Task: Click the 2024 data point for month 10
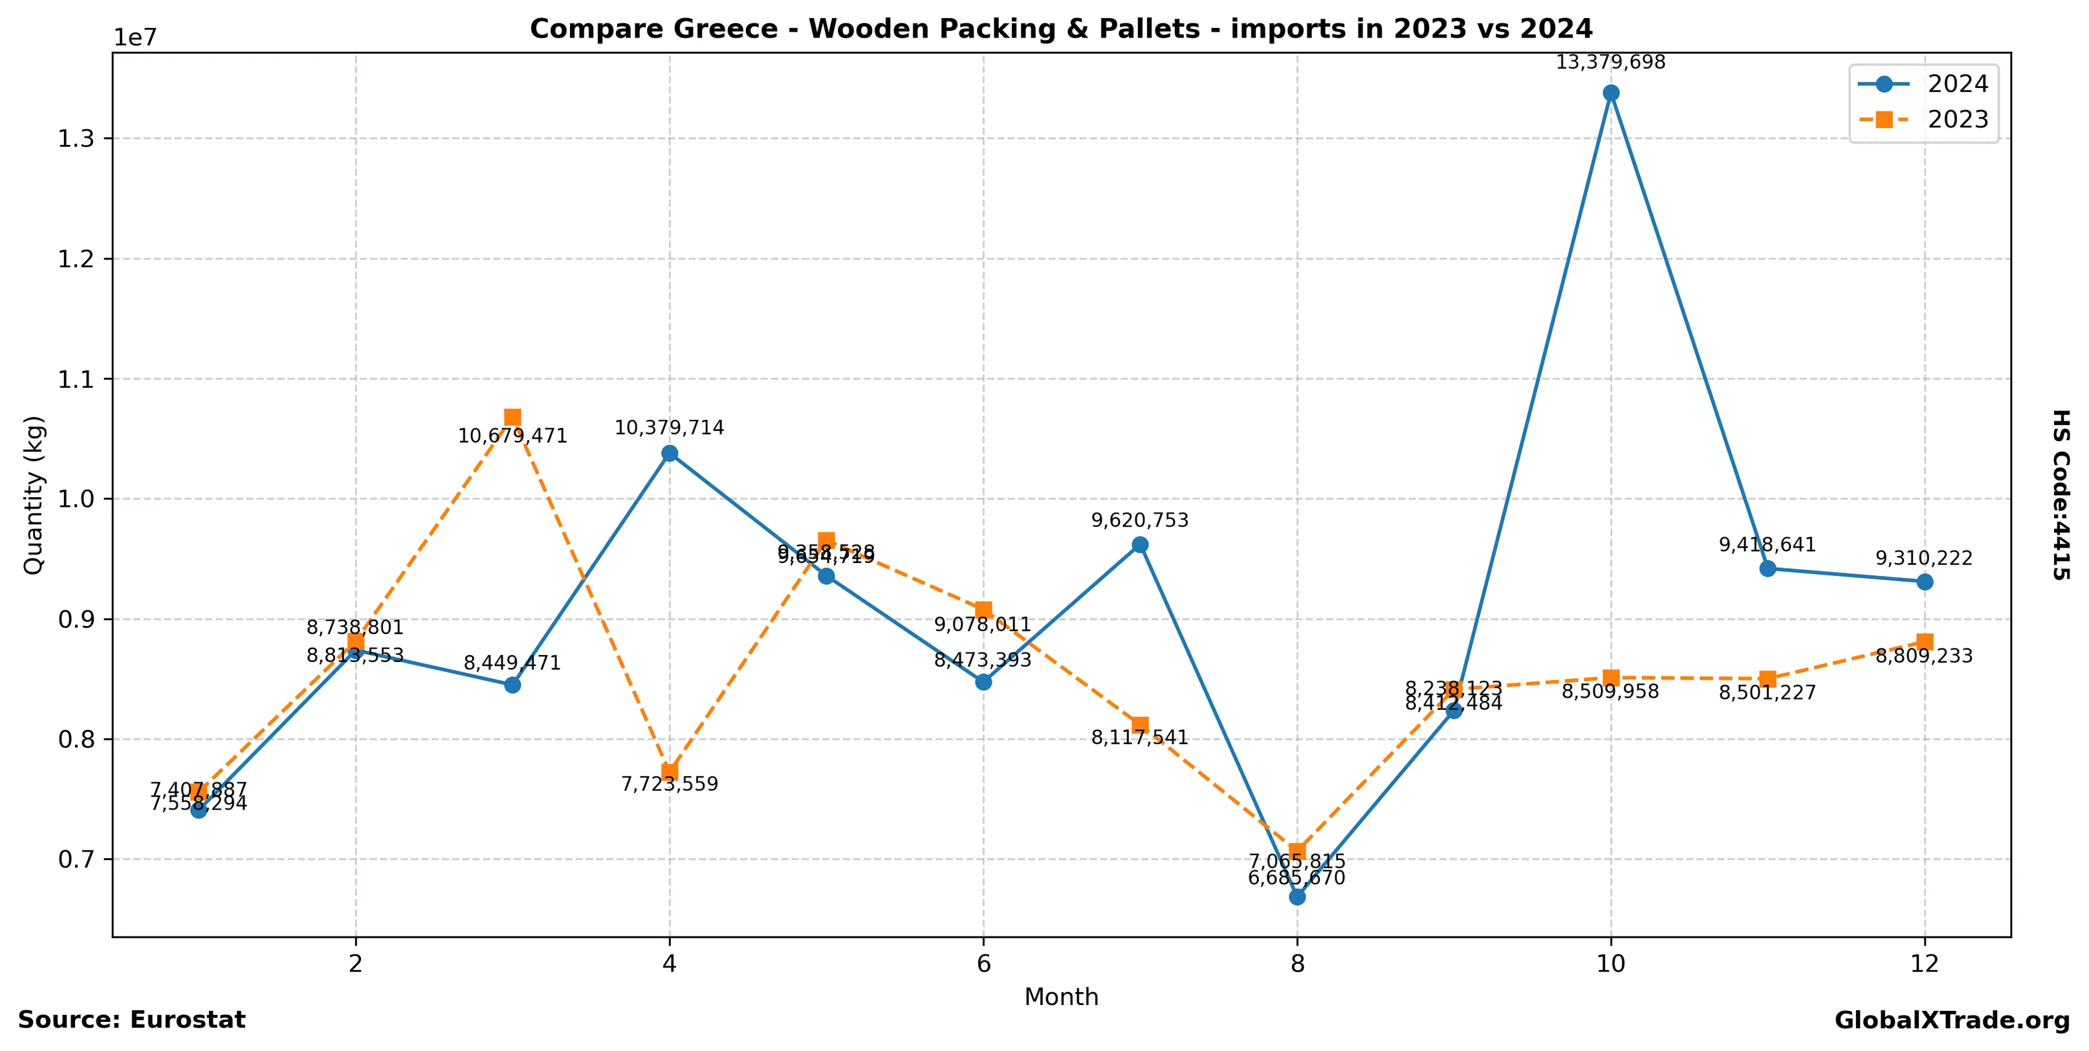(1610, 93)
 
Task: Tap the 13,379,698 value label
(1610, 62)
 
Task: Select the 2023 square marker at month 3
(512, 417)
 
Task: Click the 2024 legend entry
(1922, 84)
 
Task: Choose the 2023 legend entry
(1922, 120)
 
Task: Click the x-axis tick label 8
(1296, 964)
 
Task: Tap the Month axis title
(1061, 997)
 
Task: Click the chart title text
(1061, 29)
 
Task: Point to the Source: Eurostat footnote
(131, 1019)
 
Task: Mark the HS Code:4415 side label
(2060, 494)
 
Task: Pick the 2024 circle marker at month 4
(669, 453)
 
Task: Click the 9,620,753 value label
(1139, 520)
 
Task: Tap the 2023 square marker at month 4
(669, 771)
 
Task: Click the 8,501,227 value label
(1767, 692)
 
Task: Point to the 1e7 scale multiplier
(134, 38)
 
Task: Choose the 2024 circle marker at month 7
(1139, 544)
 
